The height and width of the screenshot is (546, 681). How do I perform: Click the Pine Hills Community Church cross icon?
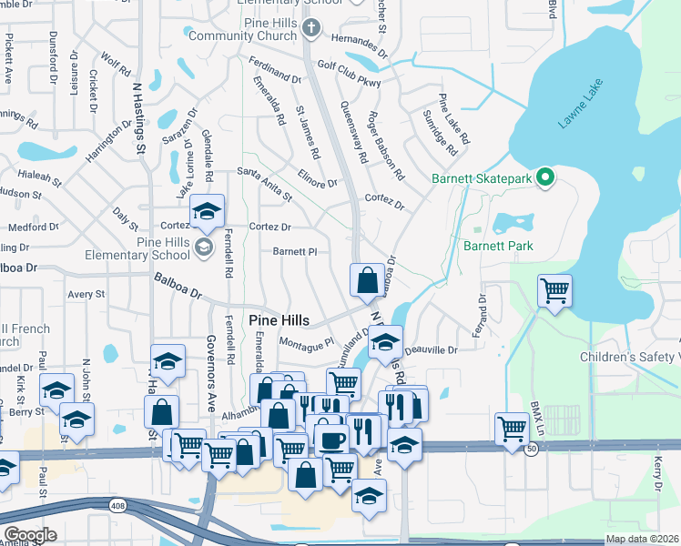click(x=310, y=27)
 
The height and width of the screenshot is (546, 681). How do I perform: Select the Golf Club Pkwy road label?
click(x=349, y=72)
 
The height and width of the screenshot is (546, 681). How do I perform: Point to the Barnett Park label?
click(x=498, y=246)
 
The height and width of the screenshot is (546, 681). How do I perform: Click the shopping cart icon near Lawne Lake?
click(x=554, y=291)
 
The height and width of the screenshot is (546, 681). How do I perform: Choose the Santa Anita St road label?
click(x=264, y=183)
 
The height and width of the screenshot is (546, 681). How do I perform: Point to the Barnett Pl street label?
click(x=294, y=252)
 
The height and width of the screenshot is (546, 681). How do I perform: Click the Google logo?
click(x=30, y=535)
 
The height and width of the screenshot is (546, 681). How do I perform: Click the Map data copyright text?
click(x=641, y=539)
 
